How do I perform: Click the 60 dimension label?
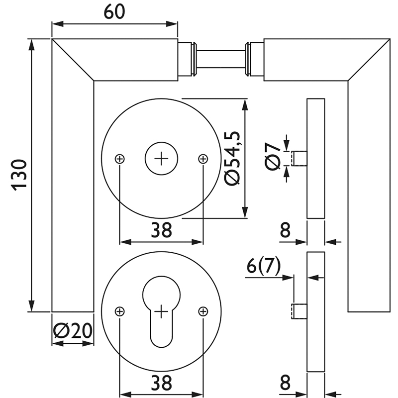(x=114, y=11)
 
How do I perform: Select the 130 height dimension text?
(x=19, y=175)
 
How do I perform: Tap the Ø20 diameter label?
(x=73, y=331)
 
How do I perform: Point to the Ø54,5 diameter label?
(x=232, y=158)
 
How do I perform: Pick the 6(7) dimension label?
(x=264, y=266)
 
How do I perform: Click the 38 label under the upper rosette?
(x=161, y=230)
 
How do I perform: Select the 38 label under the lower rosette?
(x=161, y=383)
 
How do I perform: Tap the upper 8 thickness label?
(x=285, y=230)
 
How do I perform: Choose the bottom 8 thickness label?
(x=285, y=383)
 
